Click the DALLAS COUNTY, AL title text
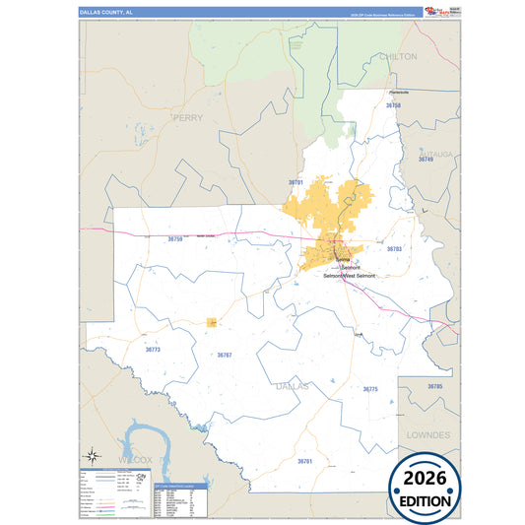[x=107, y=12]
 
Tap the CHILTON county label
[x=398, y=57]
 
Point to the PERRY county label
[x=187, y=117]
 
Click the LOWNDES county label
[x=427, y=434]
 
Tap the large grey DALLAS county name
[x=292, y=386]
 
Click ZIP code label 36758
[x=393, y=104]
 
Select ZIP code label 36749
[x=425, y=160]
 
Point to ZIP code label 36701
[x=296, y=182]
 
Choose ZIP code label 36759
[x=175, y=238]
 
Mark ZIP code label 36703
[x=394, y=249]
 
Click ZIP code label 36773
[x=153, y=350]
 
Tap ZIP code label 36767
[x=225, y=355]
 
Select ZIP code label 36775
[x=370, y=389]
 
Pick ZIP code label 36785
[x=435, y=386]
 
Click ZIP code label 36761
[x=304, y=461]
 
